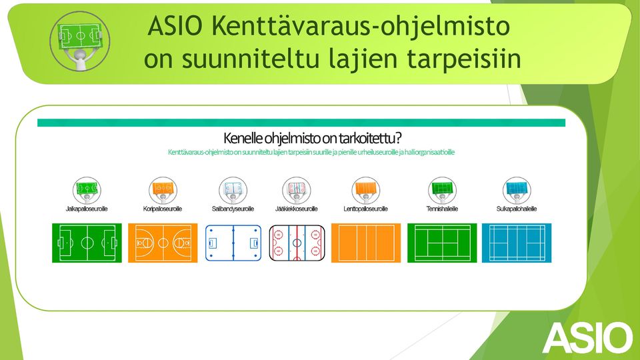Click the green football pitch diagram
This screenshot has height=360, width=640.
[x=87, y=243]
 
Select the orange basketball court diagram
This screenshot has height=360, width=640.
[x=163, y=243]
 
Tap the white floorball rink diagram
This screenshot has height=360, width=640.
[x=233, y=243]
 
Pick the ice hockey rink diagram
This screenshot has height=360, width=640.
[x=297, y=243]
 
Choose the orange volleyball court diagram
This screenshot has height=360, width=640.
[x=366, y=243]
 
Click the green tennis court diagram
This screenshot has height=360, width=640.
[x=442, y=243]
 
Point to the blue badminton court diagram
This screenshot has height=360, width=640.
[x=517, y=243]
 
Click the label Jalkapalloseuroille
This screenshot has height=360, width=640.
[x=87, y=209]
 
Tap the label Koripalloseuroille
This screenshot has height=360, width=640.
[x=163, y=209]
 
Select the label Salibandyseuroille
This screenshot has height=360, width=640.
[x=233, y=209]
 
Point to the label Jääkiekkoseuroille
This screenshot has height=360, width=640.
[x=296, y=209]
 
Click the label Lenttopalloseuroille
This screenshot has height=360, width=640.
[x=366, y=209]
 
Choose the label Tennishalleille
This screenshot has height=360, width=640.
[x=442, y=209]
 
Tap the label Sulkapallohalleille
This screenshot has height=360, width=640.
[x=516, y=209]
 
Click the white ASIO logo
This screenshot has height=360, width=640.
[x=587, y=338]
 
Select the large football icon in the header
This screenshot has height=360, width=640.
[x=80, y=41]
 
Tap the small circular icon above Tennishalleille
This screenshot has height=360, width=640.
[x=442, y=190]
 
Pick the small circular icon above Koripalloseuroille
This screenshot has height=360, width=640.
[x=163, y=190]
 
